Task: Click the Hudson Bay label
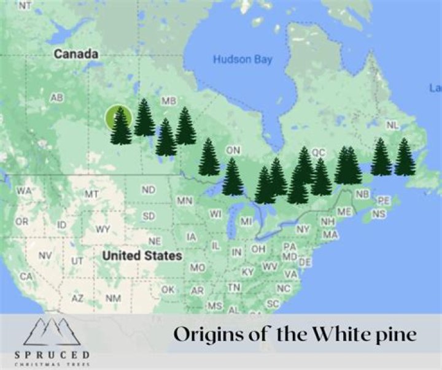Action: click(x=242, y=60)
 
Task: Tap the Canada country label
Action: click(x=76, y=54)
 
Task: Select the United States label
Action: click(x=142, y=255)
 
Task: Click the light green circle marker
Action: click(x=117, y=117)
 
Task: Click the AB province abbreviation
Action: click(x=56, y=98)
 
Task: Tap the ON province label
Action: click(x=233, y=150)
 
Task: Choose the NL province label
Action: click(x=392, y=125)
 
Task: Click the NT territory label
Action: click(x=25, y=6)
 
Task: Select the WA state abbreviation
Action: click(x=24, y=191)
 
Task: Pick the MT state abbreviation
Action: click(x=92, y=194)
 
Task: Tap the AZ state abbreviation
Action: click(x=77, y=298)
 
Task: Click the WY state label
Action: click(x=103, y=229)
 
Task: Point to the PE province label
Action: click(x=383, y=201)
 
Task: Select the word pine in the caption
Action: click(x=398, y=335)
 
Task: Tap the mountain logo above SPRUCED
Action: click(x=52, y=331)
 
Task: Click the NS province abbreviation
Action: click(x=379, y=214)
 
